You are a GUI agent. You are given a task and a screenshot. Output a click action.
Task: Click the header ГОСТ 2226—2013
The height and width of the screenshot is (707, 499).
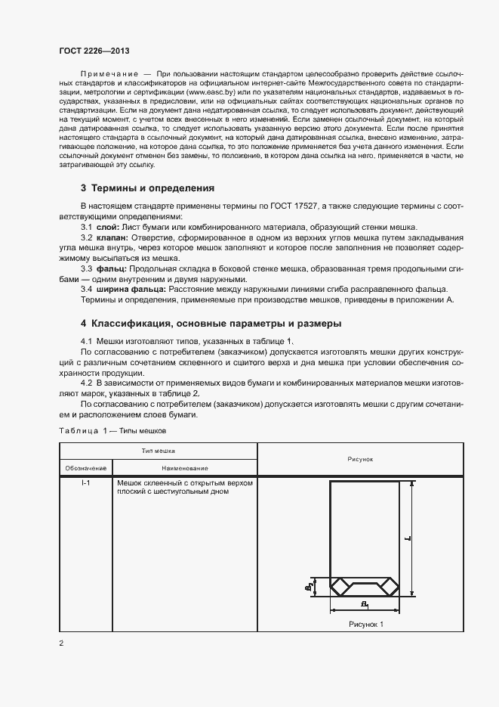[94, 50]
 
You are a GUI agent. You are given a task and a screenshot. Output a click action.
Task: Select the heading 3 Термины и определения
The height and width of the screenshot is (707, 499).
[148, 188]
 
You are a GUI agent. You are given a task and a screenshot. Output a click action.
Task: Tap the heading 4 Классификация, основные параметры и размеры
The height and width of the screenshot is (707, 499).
[211, 324]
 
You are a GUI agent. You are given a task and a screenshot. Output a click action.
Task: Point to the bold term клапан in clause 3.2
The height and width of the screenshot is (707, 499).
[112, 237]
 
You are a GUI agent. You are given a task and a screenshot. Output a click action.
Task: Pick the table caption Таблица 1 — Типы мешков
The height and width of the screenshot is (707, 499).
[112, 430]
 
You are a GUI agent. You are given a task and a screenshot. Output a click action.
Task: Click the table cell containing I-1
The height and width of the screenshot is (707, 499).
[86, 482]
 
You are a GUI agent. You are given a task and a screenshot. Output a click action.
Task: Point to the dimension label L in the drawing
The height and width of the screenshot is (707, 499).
[407, 538]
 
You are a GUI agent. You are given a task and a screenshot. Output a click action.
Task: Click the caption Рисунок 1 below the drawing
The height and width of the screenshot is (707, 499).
[366, 624]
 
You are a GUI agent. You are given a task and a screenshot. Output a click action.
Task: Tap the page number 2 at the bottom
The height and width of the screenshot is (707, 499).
[61, 643]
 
